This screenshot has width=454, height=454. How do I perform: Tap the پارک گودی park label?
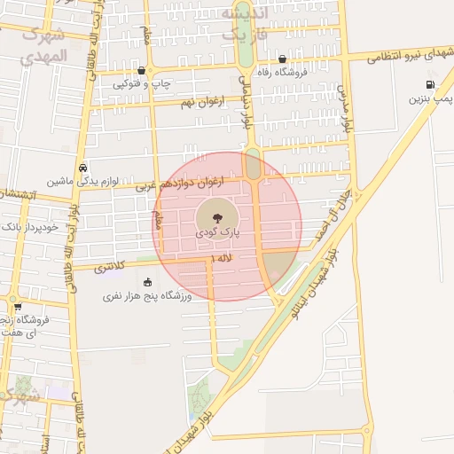tap(218, 232)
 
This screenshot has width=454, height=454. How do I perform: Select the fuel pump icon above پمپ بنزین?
tap(429, 86)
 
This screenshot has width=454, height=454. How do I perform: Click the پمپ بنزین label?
tap(425, 99)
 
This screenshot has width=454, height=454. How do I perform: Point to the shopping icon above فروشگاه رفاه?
tap(282, 60)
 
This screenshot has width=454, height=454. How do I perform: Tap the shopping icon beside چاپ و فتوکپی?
tap(141, 70)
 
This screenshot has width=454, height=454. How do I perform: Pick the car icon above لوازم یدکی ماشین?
tap(82, 167)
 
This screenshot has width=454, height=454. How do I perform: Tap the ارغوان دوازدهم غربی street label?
tap(180, 184)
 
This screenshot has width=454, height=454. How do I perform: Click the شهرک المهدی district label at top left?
tap(42, 44)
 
